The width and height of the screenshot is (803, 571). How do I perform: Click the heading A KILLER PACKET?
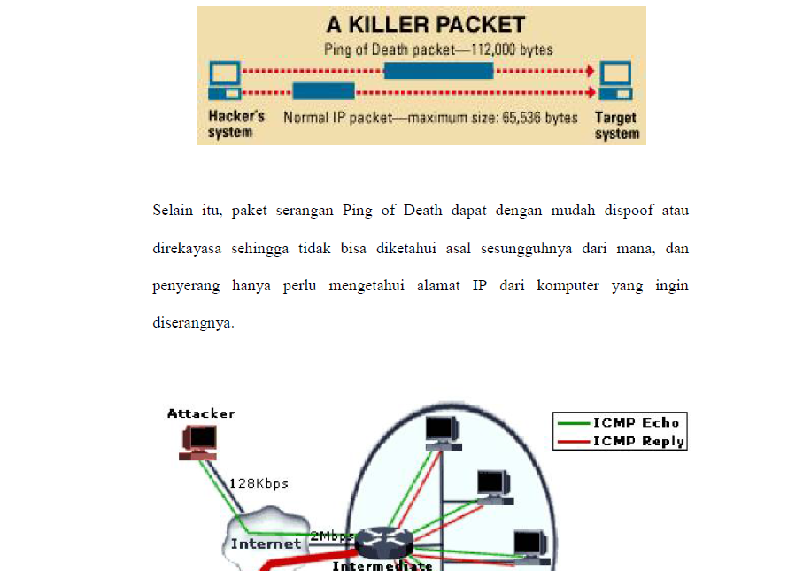425,25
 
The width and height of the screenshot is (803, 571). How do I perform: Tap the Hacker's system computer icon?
224,81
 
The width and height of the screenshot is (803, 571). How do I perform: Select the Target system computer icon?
616,81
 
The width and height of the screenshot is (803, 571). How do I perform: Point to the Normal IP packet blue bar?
323,91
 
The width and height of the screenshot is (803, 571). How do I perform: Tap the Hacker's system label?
235,125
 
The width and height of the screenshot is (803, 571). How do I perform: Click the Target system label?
616,126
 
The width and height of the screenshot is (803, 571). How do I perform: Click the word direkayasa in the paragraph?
189,249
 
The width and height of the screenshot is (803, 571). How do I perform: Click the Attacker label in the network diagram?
201,413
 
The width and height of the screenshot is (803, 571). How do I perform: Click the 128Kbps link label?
259,483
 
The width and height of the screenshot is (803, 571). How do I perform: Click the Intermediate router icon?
382,541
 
